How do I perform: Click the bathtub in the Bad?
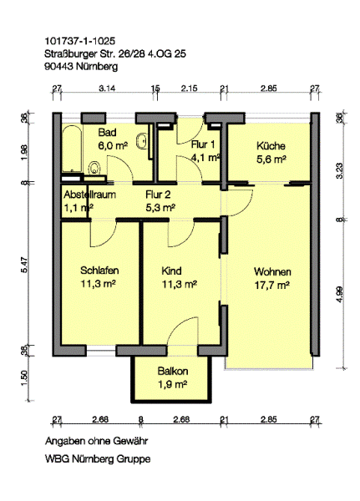tap(73, 149)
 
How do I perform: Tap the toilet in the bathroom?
tap(94, 169)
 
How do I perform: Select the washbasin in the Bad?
tap(142, 141)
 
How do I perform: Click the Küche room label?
tap(271, 146)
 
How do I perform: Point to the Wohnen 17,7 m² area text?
tap(272, 285)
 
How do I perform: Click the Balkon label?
tap(173, 372)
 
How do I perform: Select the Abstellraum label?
tap(89, 195)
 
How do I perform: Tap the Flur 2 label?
tap(158, 195)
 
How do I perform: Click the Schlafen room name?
tap(99, 271)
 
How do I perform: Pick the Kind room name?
tap(172, 271)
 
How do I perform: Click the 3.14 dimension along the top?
tap(107, 89)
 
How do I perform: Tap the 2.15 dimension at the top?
tap(190, 89)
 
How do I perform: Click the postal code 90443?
tap(59, 67)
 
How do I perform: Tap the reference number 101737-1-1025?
tap(79, 41)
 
